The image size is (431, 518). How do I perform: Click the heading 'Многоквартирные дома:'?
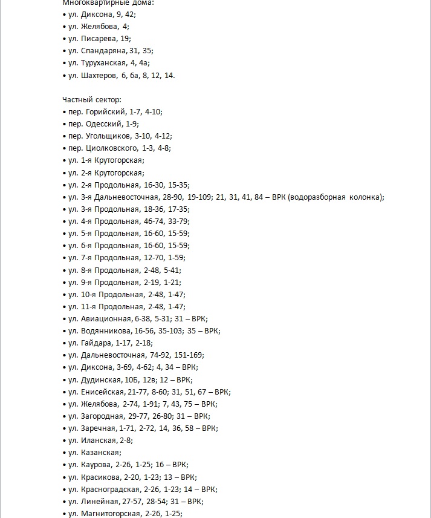100,2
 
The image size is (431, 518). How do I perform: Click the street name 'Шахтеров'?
98,75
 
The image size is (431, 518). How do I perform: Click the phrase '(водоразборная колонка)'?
335,197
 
